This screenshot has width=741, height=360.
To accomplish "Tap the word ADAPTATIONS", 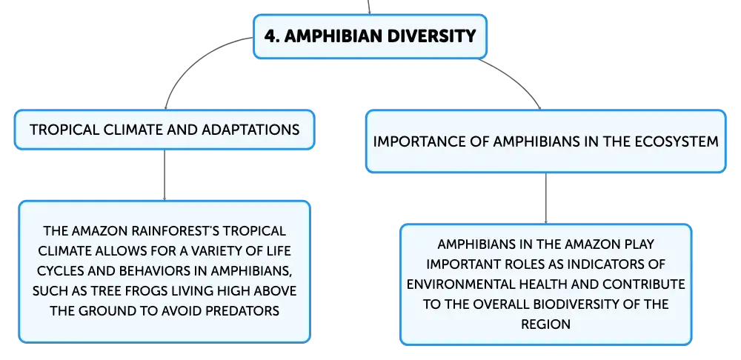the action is coord(250,130).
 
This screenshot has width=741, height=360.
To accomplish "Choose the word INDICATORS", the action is coord(590,264).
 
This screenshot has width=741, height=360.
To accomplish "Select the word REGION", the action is coord(546,324).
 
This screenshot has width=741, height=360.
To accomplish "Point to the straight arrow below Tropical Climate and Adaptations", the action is coord(165,176).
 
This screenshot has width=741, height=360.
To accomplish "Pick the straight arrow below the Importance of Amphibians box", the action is coord(546,199).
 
